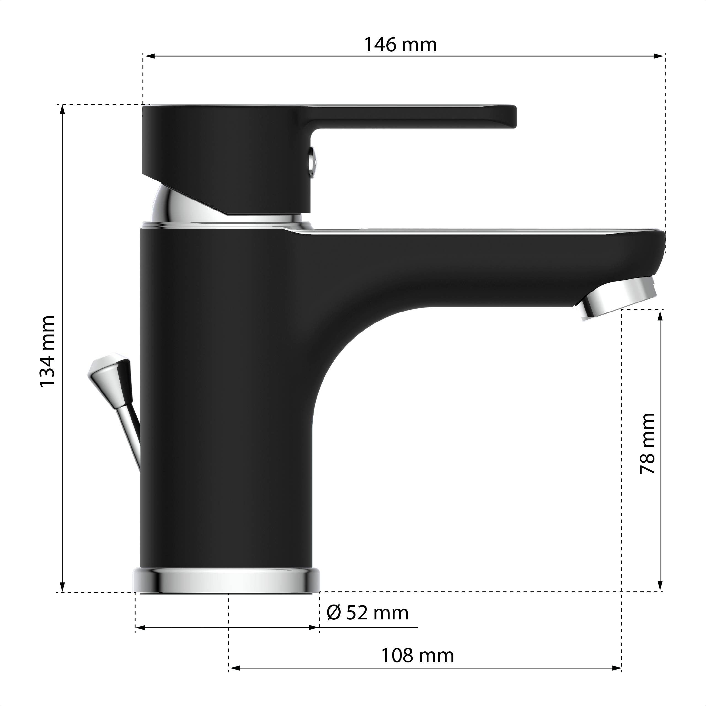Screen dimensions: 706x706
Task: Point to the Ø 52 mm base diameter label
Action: pos(368,613)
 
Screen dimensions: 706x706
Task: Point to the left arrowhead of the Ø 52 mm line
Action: pos(141,628)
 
